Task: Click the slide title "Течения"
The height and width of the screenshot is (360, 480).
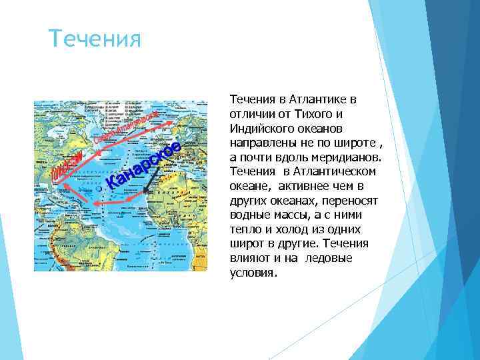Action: pyautogui.click(x=96, y=39)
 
